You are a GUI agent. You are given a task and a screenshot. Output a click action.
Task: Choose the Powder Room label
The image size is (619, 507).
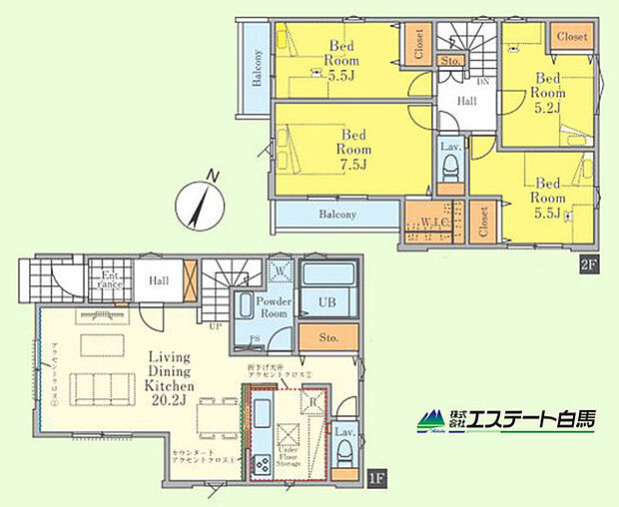(274, 306)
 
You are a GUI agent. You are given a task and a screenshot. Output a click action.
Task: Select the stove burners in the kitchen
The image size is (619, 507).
(262, 463)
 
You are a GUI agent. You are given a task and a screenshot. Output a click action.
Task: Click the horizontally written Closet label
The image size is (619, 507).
(573, 36)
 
